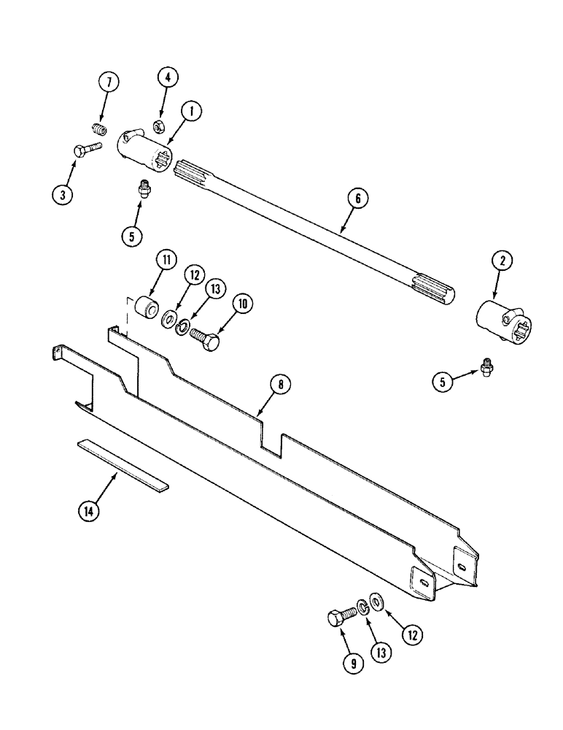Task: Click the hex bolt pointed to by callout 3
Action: click(88, 151)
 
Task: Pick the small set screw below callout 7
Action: click(99, 130)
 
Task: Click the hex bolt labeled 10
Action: click(206, 338)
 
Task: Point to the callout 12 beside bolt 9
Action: click(413, 634)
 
